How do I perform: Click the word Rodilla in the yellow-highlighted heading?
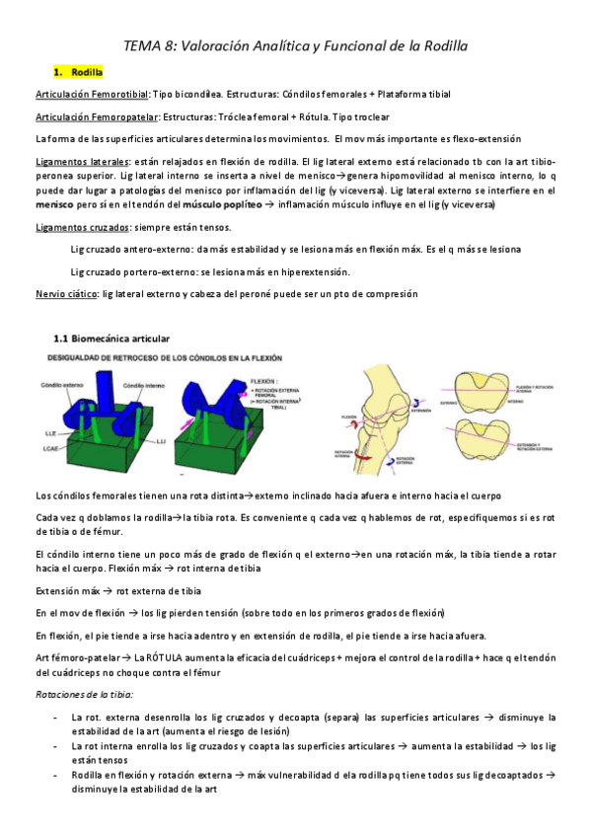click(x=87, y=73)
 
